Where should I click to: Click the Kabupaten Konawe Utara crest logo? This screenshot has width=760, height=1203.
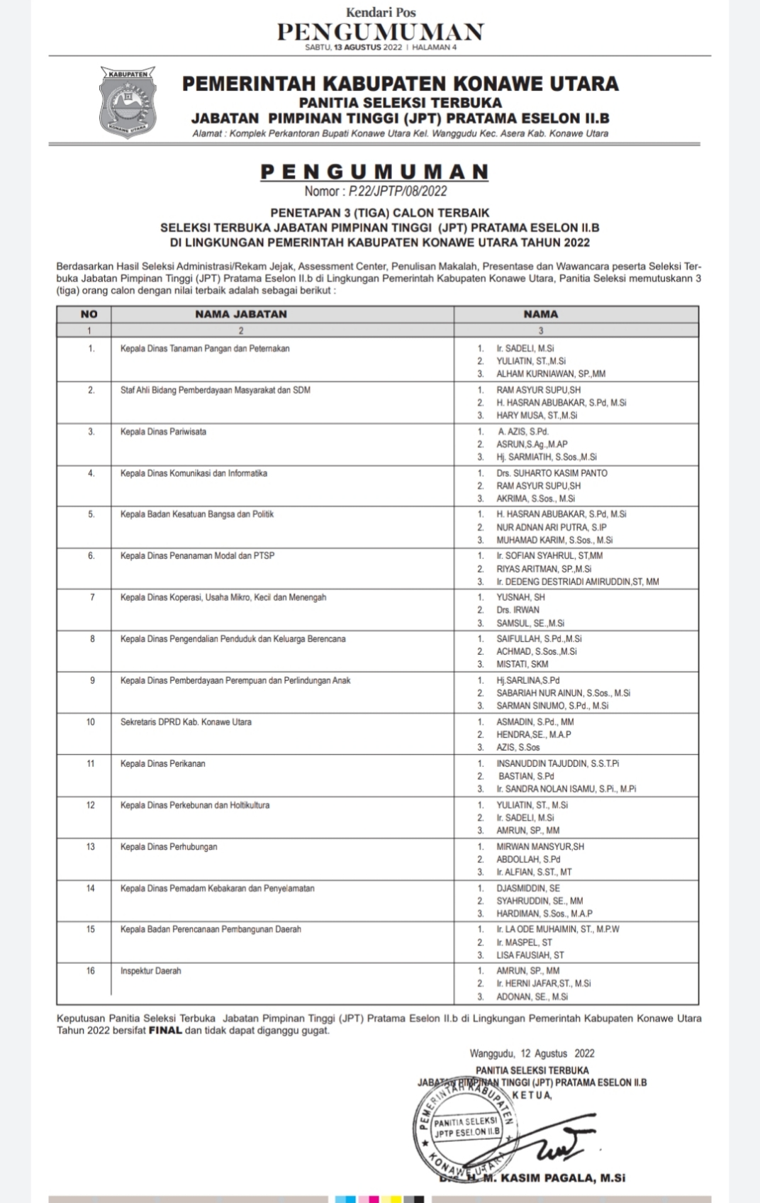[x=127, y=104]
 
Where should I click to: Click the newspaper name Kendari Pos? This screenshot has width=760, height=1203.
[x=380, y=12]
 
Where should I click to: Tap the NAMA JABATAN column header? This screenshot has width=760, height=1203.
[x=241, y=314]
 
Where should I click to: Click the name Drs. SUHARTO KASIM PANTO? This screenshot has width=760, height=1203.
[x=552, y=473]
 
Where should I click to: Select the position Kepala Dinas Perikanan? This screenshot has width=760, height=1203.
[x=163, y=764]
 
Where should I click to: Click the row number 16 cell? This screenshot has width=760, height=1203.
[x=90, y=971]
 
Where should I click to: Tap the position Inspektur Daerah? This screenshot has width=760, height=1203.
[x=150, y=971]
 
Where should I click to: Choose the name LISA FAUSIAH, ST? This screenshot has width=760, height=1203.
[x=530, y=955]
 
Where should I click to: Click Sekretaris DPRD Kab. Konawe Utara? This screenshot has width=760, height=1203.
[x=186, y=722]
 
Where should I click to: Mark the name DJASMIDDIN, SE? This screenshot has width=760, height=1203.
[x=528, y=888]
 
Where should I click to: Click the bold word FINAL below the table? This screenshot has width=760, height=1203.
[x=165, y=1031]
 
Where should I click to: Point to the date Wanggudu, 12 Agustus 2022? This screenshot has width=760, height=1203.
[x=532, y=1054]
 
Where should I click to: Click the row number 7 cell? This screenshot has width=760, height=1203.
[x=92, y=598]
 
